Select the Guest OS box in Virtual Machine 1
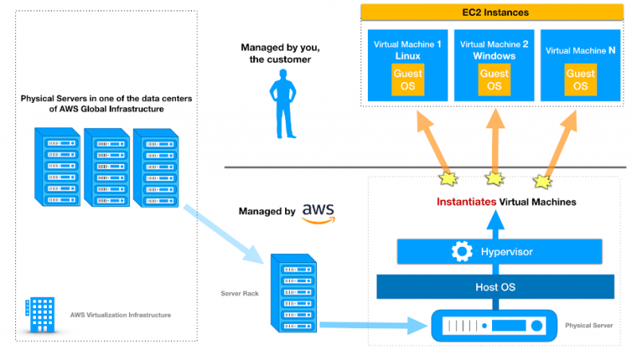pyautogui.click(x=408, y=80)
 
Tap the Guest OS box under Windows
pyautogui.click(x=494, y=80)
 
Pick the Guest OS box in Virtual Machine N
pyautogui.click(x=580, y=80)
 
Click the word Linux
pyautogui.click(x=408, y=57)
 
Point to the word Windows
pyautogui.click(x=494, y=57)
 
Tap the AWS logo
pyautogui.click(x=318, y=212)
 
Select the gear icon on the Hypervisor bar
pyautogui.click(x=462, y=252)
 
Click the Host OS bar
pyautogui.click(x=495, y=286)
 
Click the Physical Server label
pyautogui.click(x=589, y=326)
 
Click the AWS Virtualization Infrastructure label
pyautogui.click(x=120, y=315)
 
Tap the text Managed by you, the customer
pyautogui.click(x=276, y=53)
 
